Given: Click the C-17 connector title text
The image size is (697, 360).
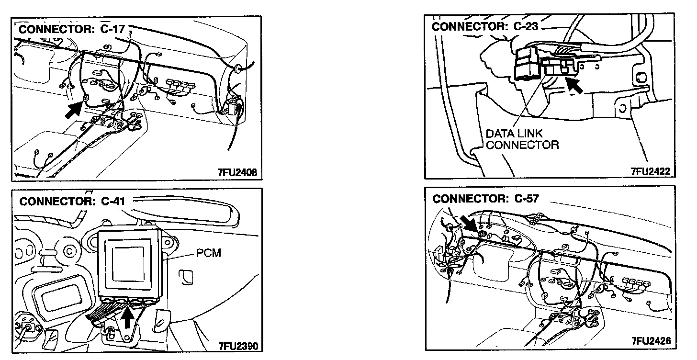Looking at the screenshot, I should click(72, 29).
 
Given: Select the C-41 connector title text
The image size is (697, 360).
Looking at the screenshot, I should click(72, 201).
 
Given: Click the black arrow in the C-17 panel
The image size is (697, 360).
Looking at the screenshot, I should click(74, 109).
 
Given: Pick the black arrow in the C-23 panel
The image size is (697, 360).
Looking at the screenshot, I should click(576, 86).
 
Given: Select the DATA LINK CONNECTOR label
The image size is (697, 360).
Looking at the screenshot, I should click(522, 139).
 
